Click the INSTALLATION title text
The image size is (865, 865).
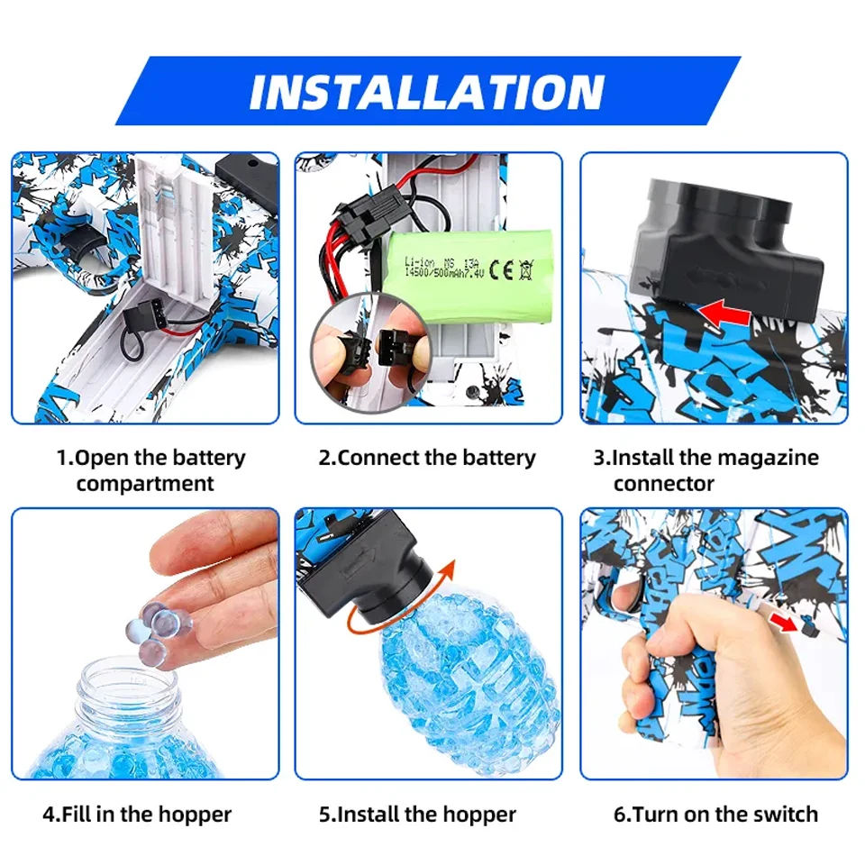[x=427, y=91]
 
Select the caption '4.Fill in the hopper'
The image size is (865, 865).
[x=137, y=815]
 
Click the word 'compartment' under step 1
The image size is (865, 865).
[x=145, y=484]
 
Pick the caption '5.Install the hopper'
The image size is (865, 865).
[x=417, y=815]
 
